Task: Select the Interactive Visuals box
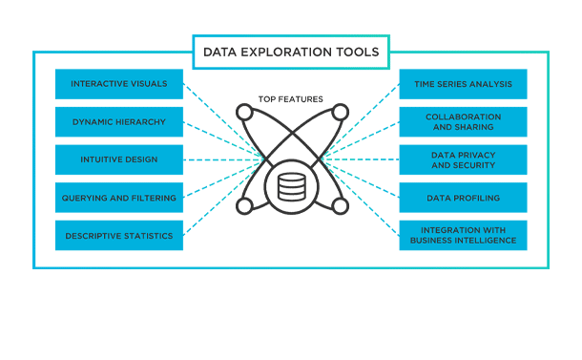click(x=119, y=84)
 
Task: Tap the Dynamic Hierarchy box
click(x=119, y=122)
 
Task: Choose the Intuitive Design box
click(x=119, y=159)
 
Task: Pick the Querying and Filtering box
click(x=119, y=198)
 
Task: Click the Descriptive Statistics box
click(x=119, y=235)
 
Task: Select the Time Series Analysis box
click(x=463, y=84)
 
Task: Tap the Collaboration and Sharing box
click(x=463, y=122)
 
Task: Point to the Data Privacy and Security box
click(x=463, y=159)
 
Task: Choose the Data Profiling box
click(x=463, y=198)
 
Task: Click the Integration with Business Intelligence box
click(x=463, y=235)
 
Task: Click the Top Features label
click(x=290, y=98)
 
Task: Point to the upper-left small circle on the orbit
click(x=244, y=113)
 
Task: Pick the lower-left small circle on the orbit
click(x=244, y=205)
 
